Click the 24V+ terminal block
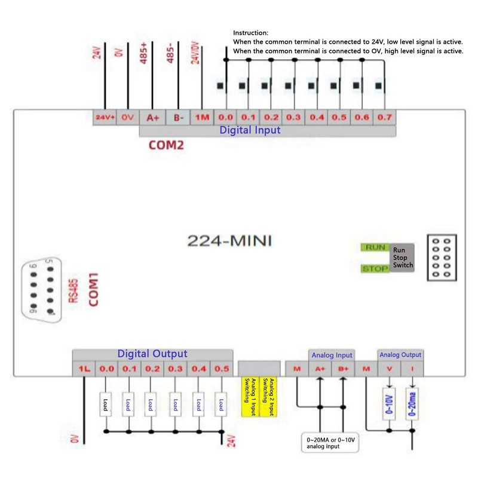[x=105, y=118]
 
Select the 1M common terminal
[x=203, y=118]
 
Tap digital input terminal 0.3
[x=293, y=118]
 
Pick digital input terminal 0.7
[x=384, y=118]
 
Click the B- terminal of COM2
[x=179, y=118]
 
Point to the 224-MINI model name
[x=230, y=241]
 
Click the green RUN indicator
[x=375, y=247]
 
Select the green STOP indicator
[x=375, y=269]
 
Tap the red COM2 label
[x=166, y=145]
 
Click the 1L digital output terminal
[x=84, y=369]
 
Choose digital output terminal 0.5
[x=222, y=369]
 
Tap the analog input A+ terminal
[x=320, y=369]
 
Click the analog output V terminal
[x=390, y=369]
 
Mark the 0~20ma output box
[x=412, y=403]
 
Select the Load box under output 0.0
[x=106, y=405]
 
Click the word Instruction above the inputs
[x=251, y=33]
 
